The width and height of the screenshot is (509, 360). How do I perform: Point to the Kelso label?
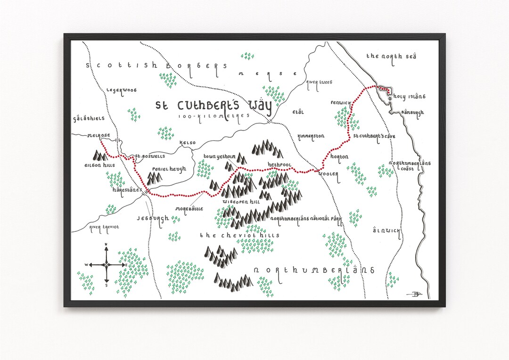[x=187, y=142]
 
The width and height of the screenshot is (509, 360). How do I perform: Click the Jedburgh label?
[x=153, y=219]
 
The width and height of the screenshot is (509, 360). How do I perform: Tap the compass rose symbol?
[x=106, y=265]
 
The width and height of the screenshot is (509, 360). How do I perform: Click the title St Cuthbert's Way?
[x=214, y=106]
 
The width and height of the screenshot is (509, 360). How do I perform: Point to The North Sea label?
[x=391, y=56]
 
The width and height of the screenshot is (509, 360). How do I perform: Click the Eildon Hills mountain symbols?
[x=99, y=155]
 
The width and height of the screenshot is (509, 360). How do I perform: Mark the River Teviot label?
[x=104, y=227]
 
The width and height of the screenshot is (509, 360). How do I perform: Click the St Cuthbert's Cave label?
[x=374, y=136]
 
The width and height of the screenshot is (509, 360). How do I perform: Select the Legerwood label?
[x=121, y=90]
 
